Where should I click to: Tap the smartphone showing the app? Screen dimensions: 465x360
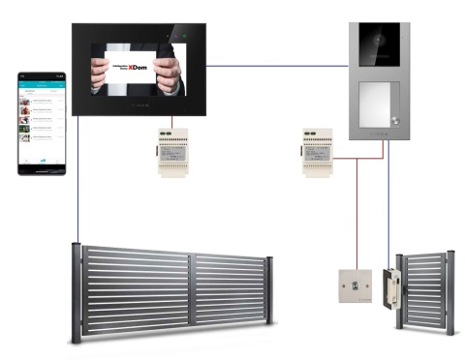[x=43, y=123]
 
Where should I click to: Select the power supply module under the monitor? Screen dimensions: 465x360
[x=174, y=150]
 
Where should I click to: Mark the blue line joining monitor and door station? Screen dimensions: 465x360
[x=281, y=67]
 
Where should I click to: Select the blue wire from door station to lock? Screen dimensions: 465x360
[x=388, y=203]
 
